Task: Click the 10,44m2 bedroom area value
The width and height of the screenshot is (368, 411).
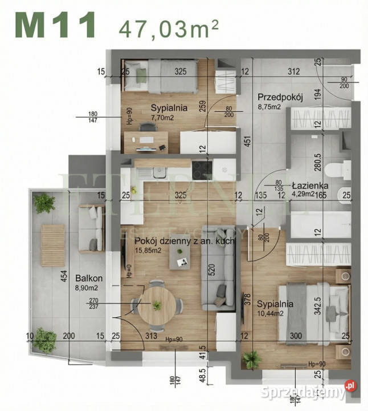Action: pyautogui.click(x=275, y=313)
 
